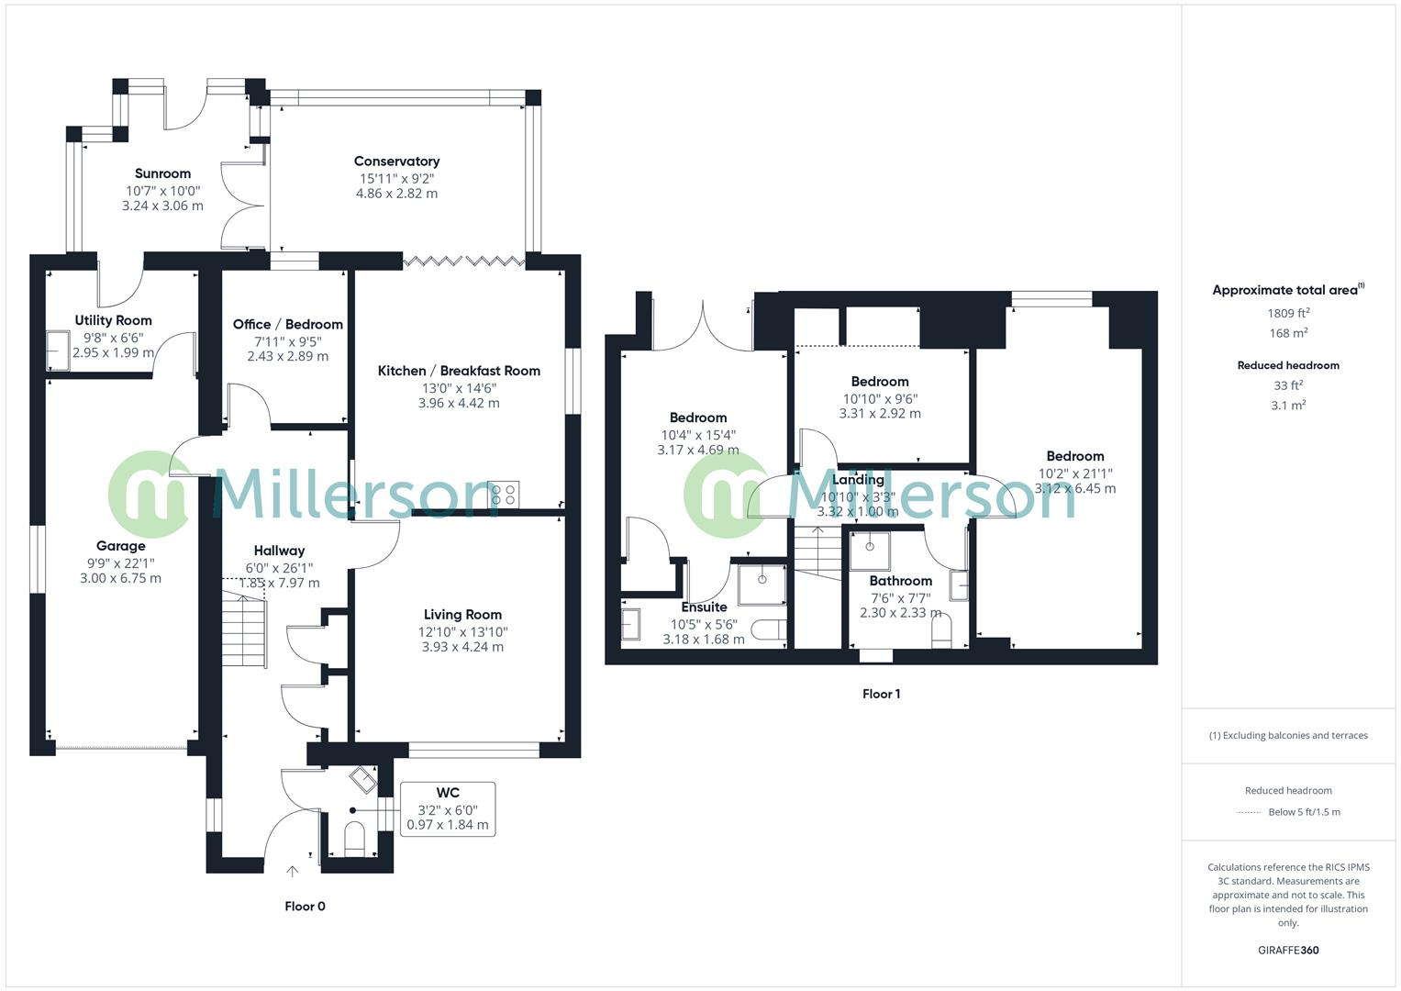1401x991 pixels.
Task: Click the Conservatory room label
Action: tap(396, 161)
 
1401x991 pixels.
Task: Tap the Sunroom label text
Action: tap(162, 173)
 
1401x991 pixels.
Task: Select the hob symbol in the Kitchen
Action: tap(504, 495)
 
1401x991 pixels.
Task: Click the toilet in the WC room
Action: tap(354, 839)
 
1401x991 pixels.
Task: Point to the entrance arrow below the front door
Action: tap(293, 871)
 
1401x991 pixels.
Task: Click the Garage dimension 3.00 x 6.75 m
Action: tap(120, 578)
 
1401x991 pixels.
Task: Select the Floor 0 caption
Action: tap(305, 907)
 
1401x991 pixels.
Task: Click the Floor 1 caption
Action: tap(881, 695)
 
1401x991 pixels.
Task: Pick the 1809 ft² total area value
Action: tap(1287, 313)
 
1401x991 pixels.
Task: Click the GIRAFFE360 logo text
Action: tap(1287, 951)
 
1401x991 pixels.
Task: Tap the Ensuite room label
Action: tap(704, 607)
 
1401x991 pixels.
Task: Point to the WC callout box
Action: tap(448, 808)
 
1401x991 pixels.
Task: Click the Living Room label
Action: tap(462, 615)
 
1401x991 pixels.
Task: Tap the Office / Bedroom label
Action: tap(287, 325)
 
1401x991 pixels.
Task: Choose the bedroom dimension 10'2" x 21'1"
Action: tap(1074, 474)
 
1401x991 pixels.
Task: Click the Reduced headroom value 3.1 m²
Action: tap(1287, 405)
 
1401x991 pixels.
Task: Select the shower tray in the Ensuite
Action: tap(762, 584)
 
